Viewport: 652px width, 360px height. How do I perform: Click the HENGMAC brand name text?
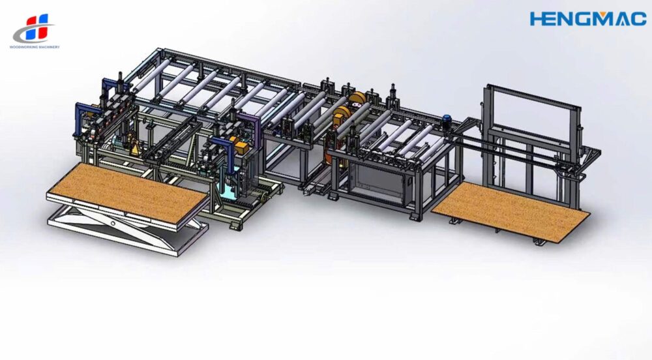(x=588, y=19)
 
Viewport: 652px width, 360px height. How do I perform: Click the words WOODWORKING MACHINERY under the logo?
(x=35, y=47)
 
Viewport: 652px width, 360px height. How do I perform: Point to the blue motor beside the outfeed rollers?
(x=448, y=120)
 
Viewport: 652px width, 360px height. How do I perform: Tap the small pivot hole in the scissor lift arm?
(x=113, y=224)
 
